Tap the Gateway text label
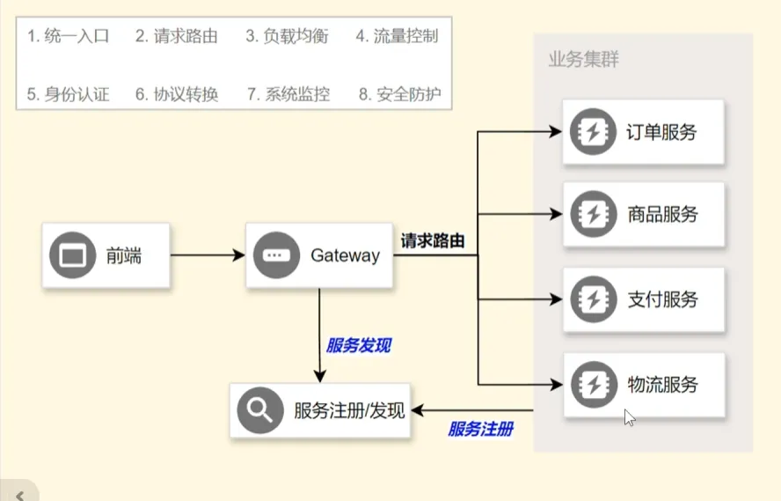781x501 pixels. point(345,255)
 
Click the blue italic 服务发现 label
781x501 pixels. point(357,345)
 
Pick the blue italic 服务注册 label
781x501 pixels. point(480,430)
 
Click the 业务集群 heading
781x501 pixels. point(583,60)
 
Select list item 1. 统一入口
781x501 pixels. point(69,37)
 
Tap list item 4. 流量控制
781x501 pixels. point(397,37)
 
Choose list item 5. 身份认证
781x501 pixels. point(69,94)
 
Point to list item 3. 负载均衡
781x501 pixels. point(287,37)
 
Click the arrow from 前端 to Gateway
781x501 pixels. point(208,255)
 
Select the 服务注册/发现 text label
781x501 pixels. point(349,410)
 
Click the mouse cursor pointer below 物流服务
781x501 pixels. point(629,416)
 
